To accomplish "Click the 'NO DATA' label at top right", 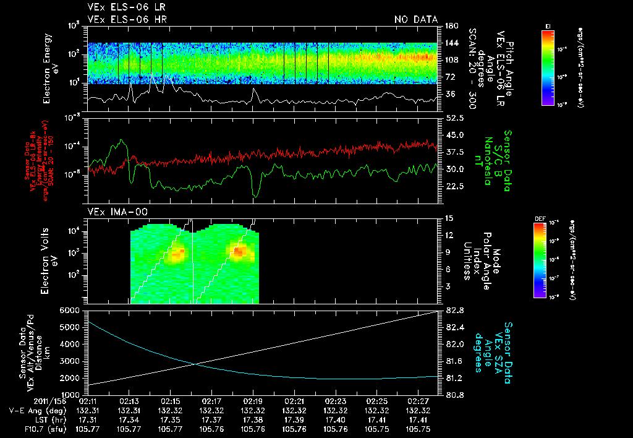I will [x=415, y=20].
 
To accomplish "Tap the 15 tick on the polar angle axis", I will [x=449, y=218].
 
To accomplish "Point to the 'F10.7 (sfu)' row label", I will [x=35, y=429].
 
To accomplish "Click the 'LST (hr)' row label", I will [x=40, y=419].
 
